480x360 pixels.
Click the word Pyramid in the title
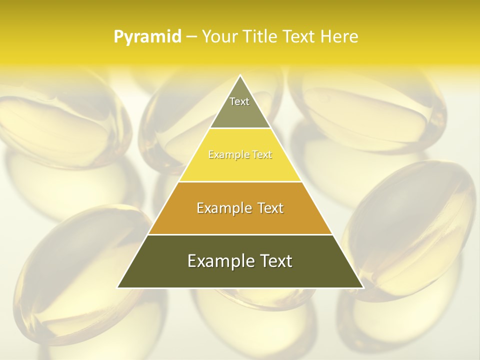pos(147,36)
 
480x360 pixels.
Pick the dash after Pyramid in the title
pos(191,37)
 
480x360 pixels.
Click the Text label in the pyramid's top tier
pos(239,101)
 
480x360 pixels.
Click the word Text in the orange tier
pos(270,208)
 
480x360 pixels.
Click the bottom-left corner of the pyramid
pos(118,287)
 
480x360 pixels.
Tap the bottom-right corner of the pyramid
pos(363,287)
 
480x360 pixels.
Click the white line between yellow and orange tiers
pos(240,181)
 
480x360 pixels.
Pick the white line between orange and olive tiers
pos(240,234)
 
